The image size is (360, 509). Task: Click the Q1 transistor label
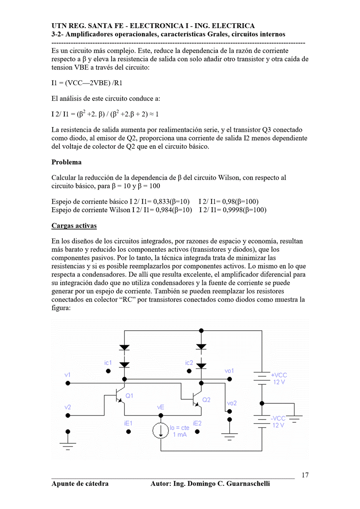129,396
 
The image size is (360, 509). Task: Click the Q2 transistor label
207,400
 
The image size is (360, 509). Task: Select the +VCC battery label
279,375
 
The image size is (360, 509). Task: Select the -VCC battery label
278,418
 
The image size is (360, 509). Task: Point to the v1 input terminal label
68,375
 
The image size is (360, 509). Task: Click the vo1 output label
229,371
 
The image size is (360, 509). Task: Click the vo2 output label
232,403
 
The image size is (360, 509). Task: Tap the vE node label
160,407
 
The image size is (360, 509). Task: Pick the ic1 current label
108,362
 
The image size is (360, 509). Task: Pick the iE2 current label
197,423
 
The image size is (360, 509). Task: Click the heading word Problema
67,162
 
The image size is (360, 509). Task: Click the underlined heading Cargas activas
74,225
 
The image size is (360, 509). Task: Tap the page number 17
305,475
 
